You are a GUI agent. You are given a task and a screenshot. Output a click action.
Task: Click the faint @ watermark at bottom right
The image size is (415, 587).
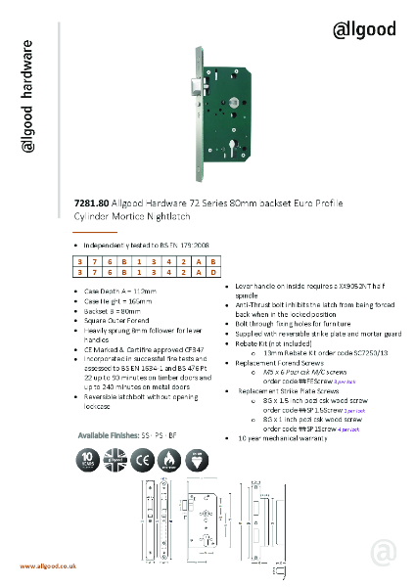[x=382, y=552]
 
